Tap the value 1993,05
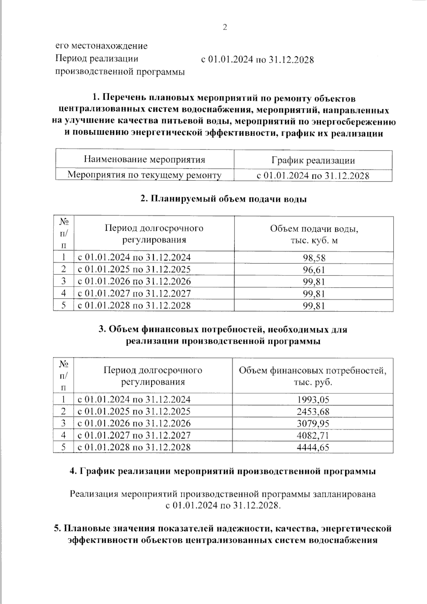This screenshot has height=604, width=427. point(313,400)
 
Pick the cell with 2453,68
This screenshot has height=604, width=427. point(313,412)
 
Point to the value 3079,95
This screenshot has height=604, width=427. point(313,424)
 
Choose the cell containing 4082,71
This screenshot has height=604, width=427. point(313,435)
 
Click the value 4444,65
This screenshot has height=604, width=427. point(313,447)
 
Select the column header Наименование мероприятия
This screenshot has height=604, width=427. point(144,159)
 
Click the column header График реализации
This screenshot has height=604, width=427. point(313,160)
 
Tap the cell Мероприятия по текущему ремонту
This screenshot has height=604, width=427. point(144,175)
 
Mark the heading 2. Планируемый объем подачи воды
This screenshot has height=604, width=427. point(223,199)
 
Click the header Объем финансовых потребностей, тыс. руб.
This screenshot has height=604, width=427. point(313,376)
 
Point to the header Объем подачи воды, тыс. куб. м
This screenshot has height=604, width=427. point(314,234)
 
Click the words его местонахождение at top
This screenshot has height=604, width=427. point(101,46)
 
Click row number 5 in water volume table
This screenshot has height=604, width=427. point(63,305)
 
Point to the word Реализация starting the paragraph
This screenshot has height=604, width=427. point(94,494)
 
